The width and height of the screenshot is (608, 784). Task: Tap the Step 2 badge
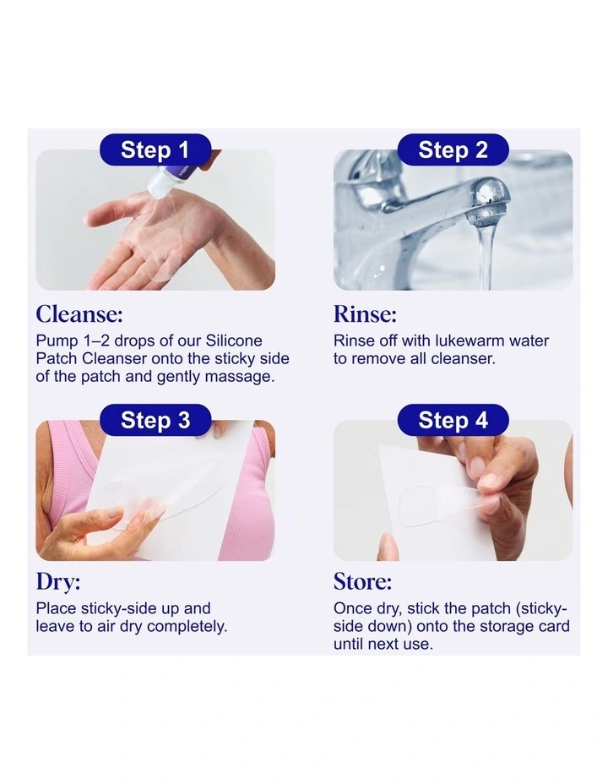click(453, 150)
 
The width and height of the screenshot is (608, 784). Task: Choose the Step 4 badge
click(453, 420)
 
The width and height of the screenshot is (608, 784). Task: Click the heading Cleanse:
click(79, 315)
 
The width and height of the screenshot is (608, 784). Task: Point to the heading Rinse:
click(365, 315)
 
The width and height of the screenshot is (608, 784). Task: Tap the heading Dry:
click(58, 582)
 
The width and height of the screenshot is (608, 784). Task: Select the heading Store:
click(362, 582)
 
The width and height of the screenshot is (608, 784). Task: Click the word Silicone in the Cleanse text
click(233, 341)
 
